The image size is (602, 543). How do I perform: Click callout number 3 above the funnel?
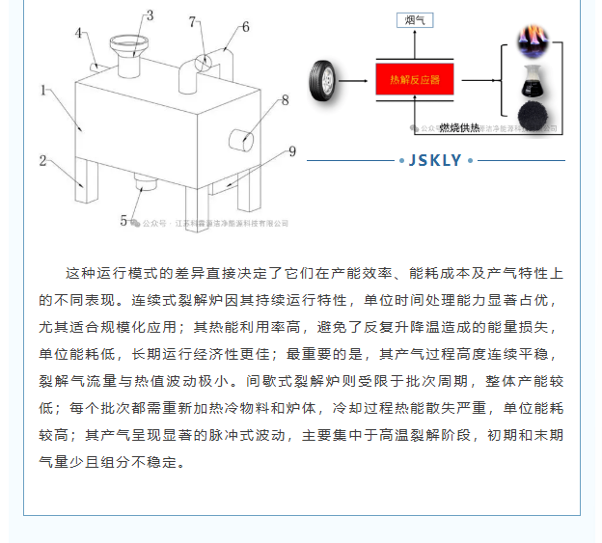click(150, 15)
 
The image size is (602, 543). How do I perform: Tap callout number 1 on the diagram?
click(44, 91)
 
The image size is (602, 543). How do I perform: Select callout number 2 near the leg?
click(42, 160)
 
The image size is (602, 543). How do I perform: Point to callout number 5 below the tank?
click(123, 221)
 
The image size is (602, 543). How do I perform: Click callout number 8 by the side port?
click(285, 99)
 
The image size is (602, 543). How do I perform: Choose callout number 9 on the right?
click(291, 150)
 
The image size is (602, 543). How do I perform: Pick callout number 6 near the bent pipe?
click(245, 27)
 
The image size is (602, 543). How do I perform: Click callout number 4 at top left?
click(80, 34)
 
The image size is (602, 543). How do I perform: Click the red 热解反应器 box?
click(414, 79)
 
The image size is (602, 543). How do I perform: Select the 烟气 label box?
click(415, 19)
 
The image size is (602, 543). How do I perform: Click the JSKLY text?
click(435, 160)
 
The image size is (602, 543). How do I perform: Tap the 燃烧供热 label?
click(459, 127)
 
